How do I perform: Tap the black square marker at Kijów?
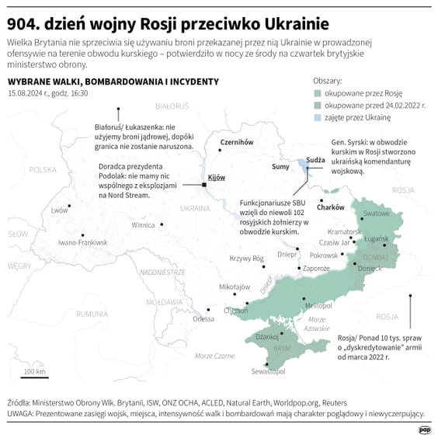[203, 185]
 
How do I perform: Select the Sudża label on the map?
[315, 159]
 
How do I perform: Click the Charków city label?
[331, 207]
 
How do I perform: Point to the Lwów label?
[59, 210]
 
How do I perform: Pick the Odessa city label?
[203, 318]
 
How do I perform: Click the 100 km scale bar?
[34, 378]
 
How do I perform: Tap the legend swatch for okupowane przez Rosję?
[318, 92]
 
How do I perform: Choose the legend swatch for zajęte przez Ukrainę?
[318, 116]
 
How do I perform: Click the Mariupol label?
[319, 306]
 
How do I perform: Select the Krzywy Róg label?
[248, 259]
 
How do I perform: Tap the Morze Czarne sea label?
[214, 356]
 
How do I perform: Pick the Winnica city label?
[143, 225]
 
